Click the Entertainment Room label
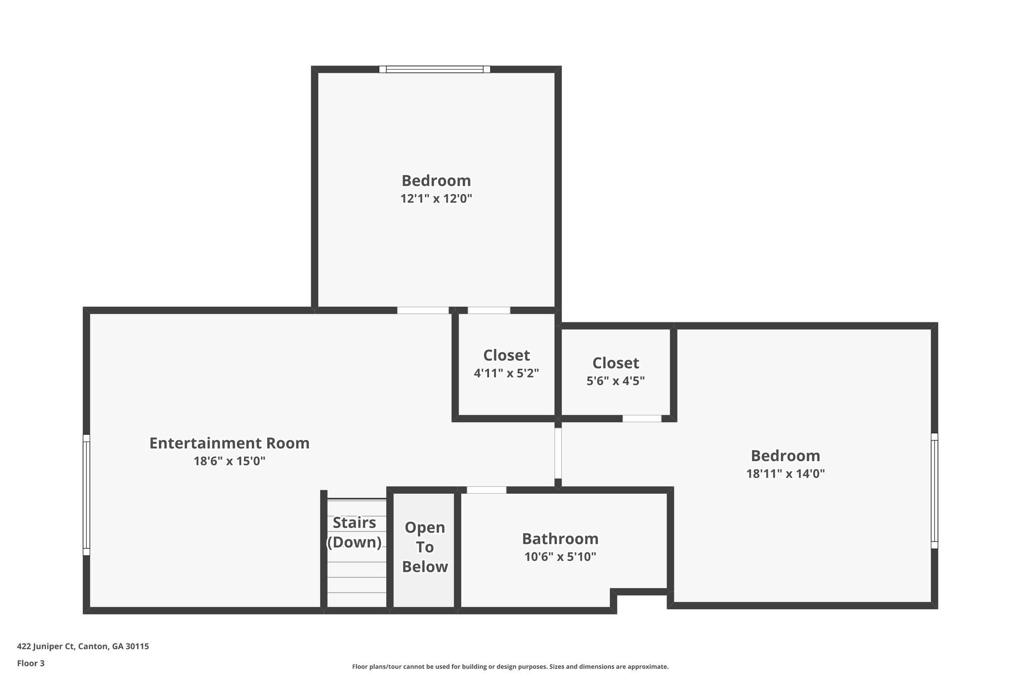coord(229,443)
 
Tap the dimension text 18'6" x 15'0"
coord(229,461)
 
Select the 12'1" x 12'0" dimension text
coord(436,199)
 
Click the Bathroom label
coord(560,539)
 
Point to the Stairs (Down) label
coord(354,532)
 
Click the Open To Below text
coord(425,547)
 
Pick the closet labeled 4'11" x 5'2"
coord(506,364)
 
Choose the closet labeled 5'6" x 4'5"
coord(615,371)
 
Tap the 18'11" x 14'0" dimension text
coord(785,474)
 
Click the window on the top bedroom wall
coord(434,69)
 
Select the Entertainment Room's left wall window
coord(86,495)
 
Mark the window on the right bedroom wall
coord(934,491)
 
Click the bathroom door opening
coord(486,490)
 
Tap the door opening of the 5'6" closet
coord(642,418)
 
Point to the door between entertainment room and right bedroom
coord(558,453)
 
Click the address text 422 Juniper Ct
coord(83,647)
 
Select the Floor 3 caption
coord(31,663)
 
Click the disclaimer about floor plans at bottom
coord(510,667)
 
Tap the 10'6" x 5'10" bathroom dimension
coord(560,557)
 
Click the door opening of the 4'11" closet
coord(489,310)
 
